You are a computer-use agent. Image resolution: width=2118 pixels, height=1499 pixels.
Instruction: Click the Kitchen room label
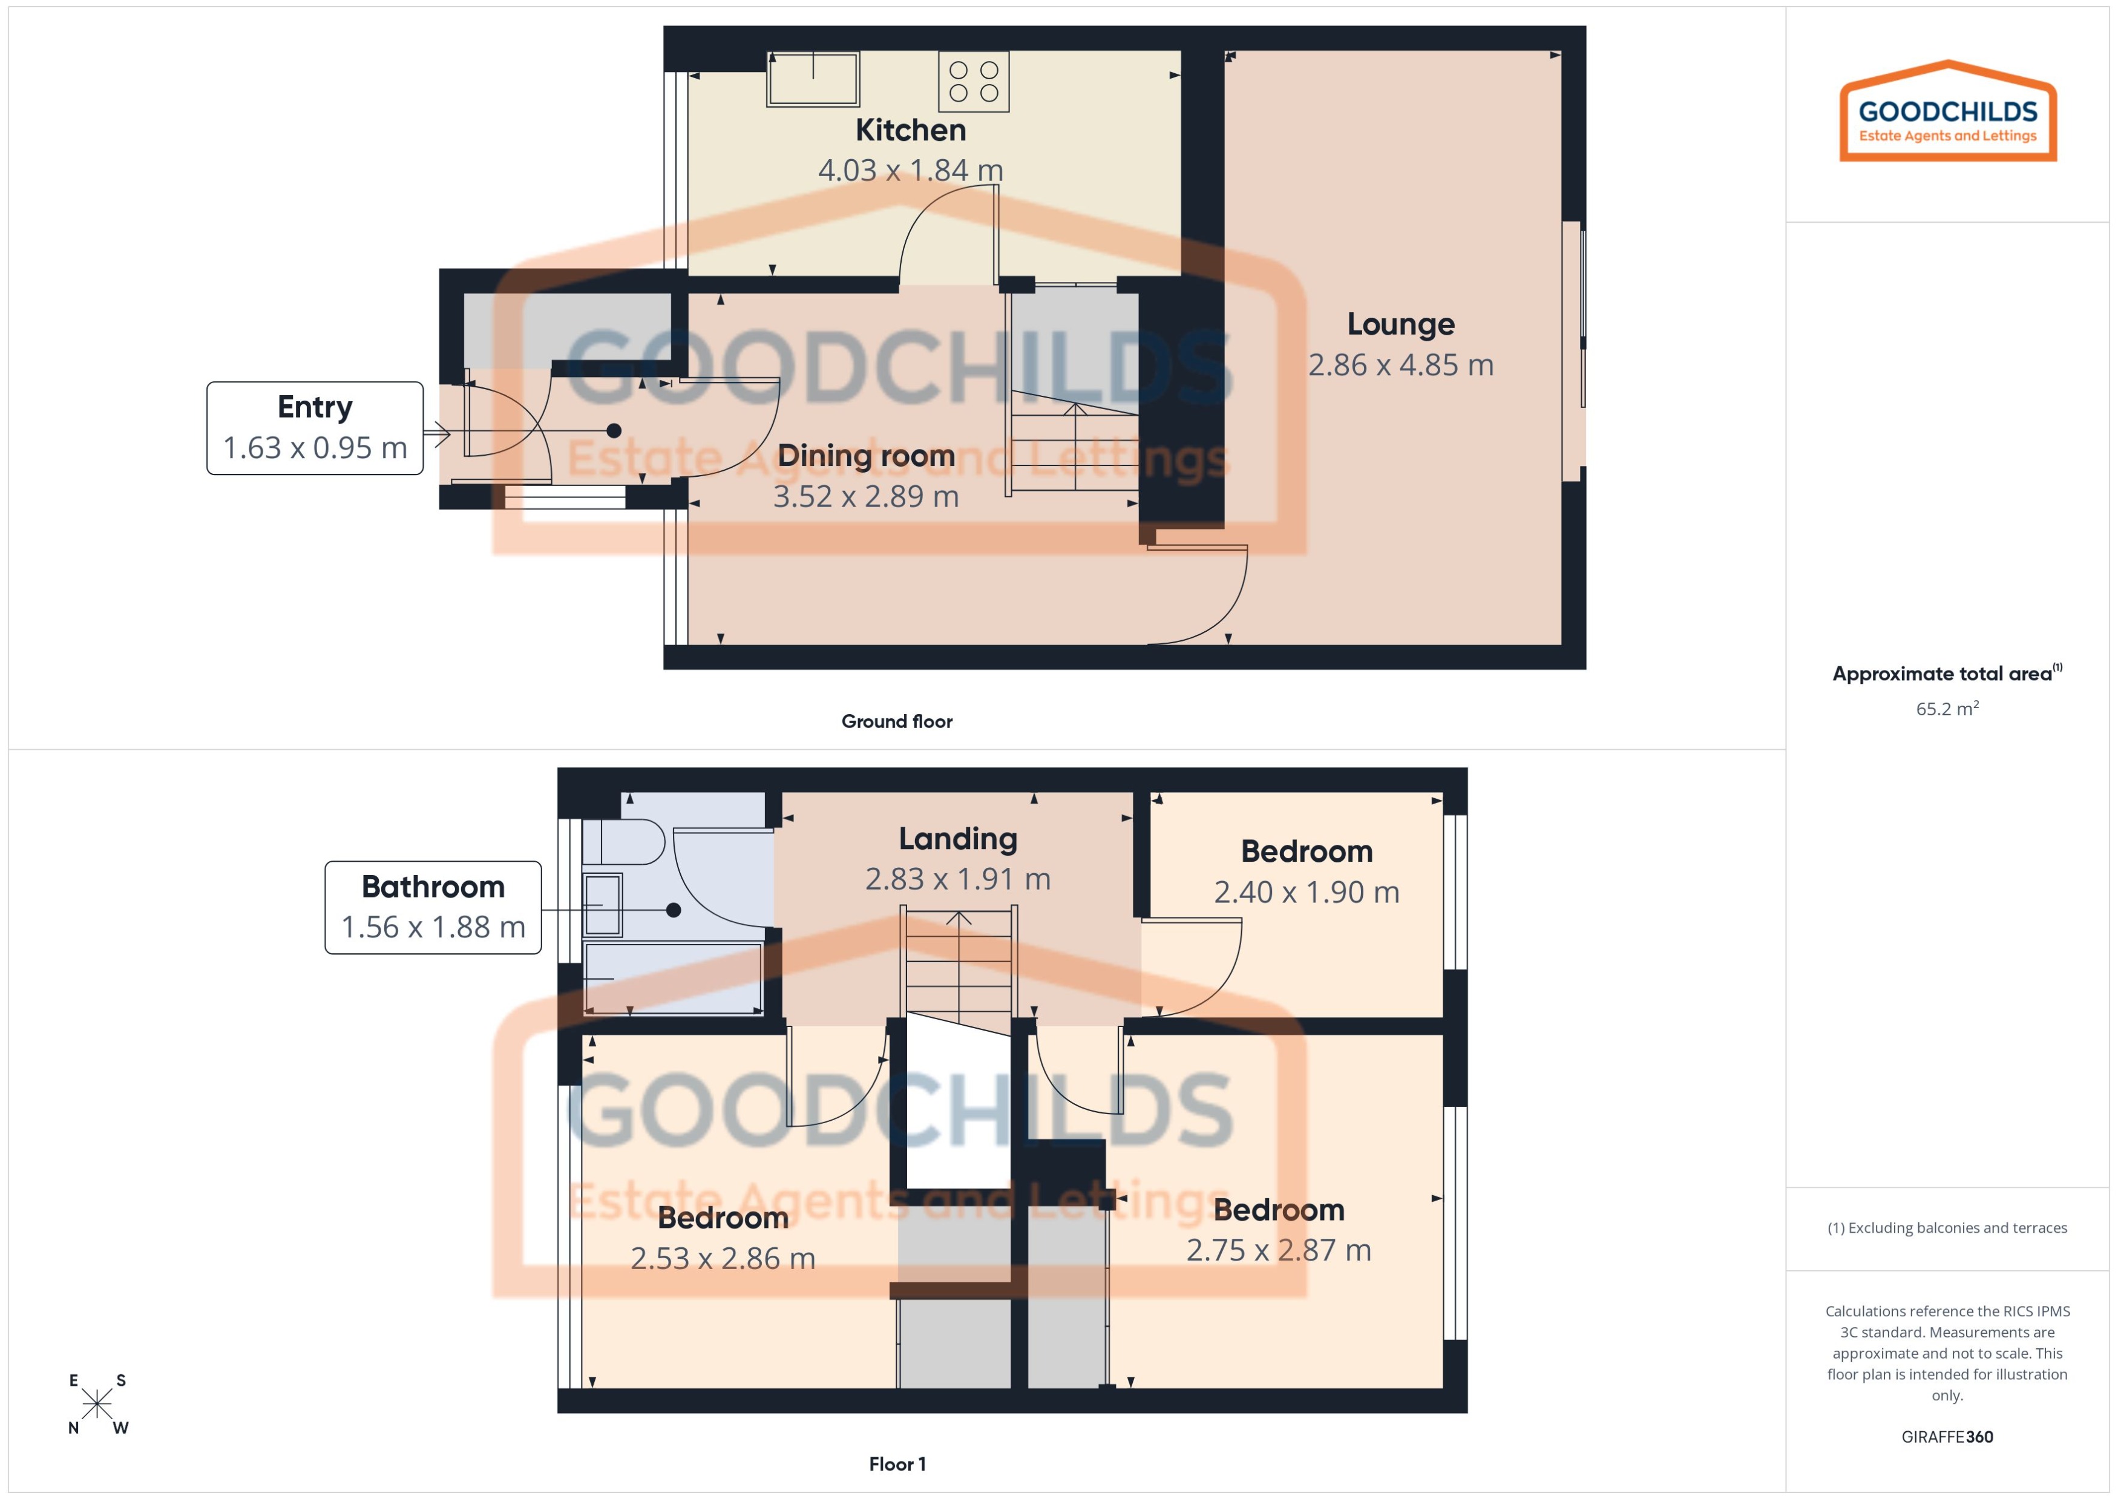(910, 130)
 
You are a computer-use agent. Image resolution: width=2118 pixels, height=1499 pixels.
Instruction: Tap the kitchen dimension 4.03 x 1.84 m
(910, 171)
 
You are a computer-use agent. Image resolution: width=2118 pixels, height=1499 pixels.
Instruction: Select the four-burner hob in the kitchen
(974, 81)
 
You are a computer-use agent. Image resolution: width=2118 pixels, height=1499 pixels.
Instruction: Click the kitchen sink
(813, 79)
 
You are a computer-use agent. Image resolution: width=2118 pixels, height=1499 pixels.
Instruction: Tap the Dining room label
(866, 456)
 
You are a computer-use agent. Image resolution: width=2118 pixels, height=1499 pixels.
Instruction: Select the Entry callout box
(315, 428)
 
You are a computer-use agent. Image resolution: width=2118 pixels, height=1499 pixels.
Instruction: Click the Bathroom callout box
(433, 907)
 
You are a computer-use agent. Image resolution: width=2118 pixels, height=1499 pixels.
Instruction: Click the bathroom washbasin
(603, 905)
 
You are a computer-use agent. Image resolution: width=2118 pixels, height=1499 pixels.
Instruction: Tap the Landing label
(958, 839)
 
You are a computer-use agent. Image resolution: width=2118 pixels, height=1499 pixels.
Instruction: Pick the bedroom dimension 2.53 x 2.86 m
(723, 1259)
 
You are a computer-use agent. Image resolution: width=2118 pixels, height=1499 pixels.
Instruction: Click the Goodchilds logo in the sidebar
(1947, 113)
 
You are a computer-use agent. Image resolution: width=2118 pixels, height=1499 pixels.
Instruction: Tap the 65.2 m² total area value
(1946, 709)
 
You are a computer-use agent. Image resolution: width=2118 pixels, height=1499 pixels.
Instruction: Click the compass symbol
(97, 1404)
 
